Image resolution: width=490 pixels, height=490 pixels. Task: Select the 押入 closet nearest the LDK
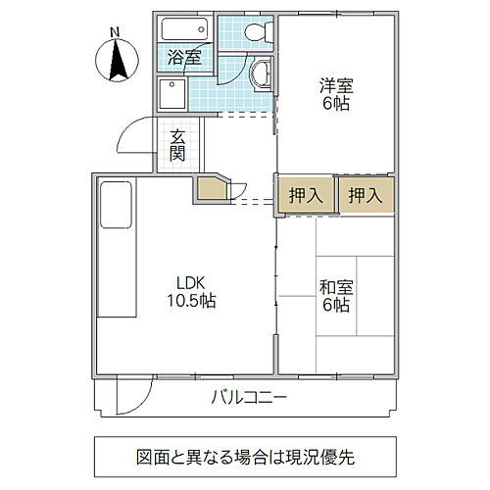coord(305,194)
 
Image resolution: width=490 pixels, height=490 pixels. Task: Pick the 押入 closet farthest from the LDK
coord(366,194)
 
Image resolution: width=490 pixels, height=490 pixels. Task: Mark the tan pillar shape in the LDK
coord(213,188)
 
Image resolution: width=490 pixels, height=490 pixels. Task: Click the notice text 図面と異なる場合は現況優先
coord(245,456)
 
